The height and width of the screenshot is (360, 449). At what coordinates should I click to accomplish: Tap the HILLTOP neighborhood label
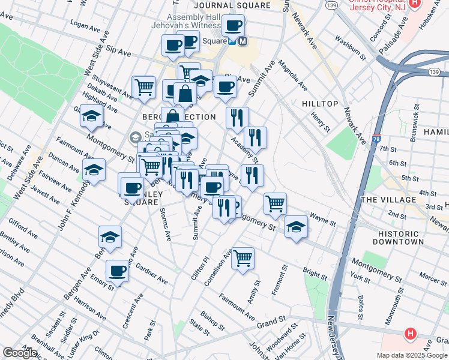pos(320,104)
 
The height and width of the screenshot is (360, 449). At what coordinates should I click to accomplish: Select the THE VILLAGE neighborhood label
pos(388,199)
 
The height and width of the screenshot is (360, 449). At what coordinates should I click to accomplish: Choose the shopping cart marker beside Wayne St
pos(275,204)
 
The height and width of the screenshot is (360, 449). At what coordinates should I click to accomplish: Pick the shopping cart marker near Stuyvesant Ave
pos(144,88)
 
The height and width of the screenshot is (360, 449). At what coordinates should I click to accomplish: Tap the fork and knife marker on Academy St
pos(256,138)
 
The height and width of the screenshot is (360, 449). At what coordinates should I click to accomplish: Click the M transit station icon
pos(243,41)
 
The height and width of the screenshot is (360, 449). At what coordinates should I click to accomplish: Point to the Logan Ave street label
pos(85,26)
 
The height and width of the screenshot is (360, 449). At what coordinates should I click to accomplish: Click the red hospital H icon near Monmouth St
pos(411,333)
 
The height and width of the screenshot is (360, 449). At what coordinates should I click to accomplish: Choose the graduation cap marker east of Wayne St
pos(296,227)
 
